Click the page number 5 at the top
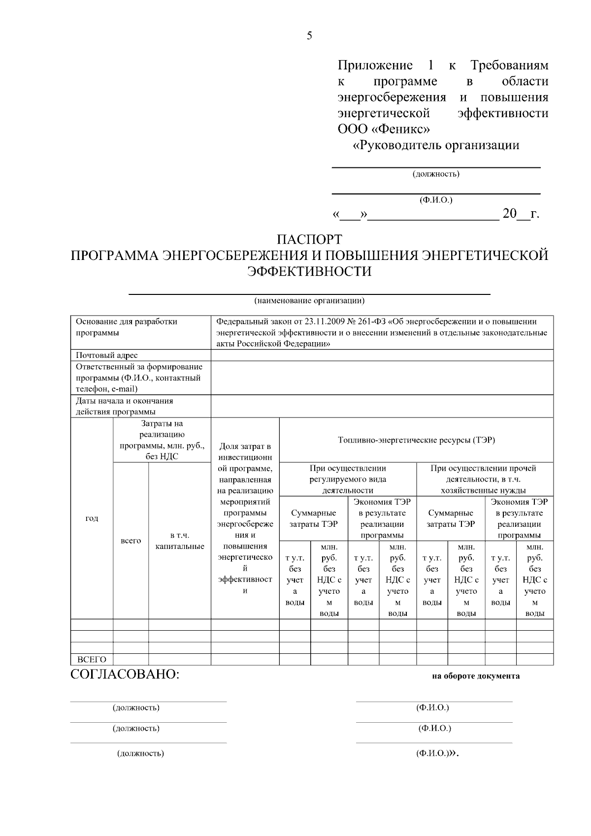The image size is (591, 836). tap(309, 35)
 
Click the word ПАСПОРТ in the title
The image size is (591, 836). tap(309, 240)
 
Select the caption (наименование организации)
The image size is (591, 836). tap(309, 300)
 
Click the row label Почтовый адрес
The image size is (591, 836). tap(107, 355)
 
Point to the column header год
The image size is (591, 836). tap(92, 518)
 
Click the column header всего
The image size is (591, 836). tap(131, 541)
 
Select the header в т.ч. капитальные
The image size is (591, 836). tap(180, 541)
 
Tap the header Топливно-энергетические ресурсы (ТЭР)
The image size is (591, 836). tap(416, 440)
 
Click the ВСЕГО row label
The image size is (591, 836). tap(92, 660)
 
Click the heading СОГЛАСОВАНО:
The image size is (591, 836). tap(125, 675)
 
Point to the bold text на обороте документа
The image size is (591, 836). tap(476, 676)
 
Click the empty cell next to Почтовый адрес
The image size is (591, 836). tap(382, 355)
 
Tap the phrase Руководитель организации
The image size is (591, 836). tap(438, 146)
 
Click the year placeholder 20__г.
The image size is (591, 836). tap(521, 214)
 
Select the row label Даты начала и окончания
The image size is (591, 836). tap(125, 401)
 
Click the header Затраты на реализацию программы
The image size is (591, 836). tap(162, 440)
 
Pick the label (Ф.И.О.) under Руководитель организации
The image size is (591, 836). tap(436, 200)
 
